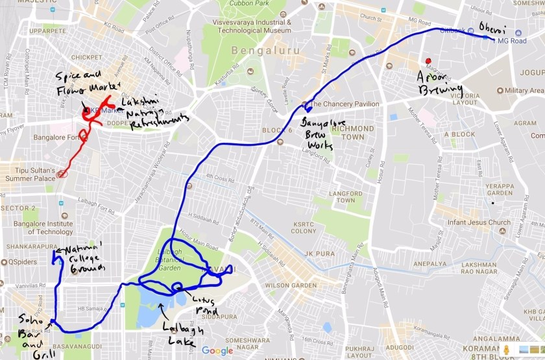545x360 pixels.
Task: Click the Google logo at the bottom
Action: tap(217, 351)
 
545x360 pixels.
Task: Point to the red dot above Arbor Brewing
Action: tap(428, 61)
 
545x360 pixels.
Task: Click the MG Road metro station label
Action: tap(511, 40)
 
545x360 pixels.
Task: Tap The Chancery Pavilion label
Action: tap(345, 104)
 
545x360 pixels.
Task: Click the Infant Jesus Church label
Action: tap(483, 222)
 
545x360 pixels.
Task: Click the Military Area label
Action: tap(524, 90)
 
